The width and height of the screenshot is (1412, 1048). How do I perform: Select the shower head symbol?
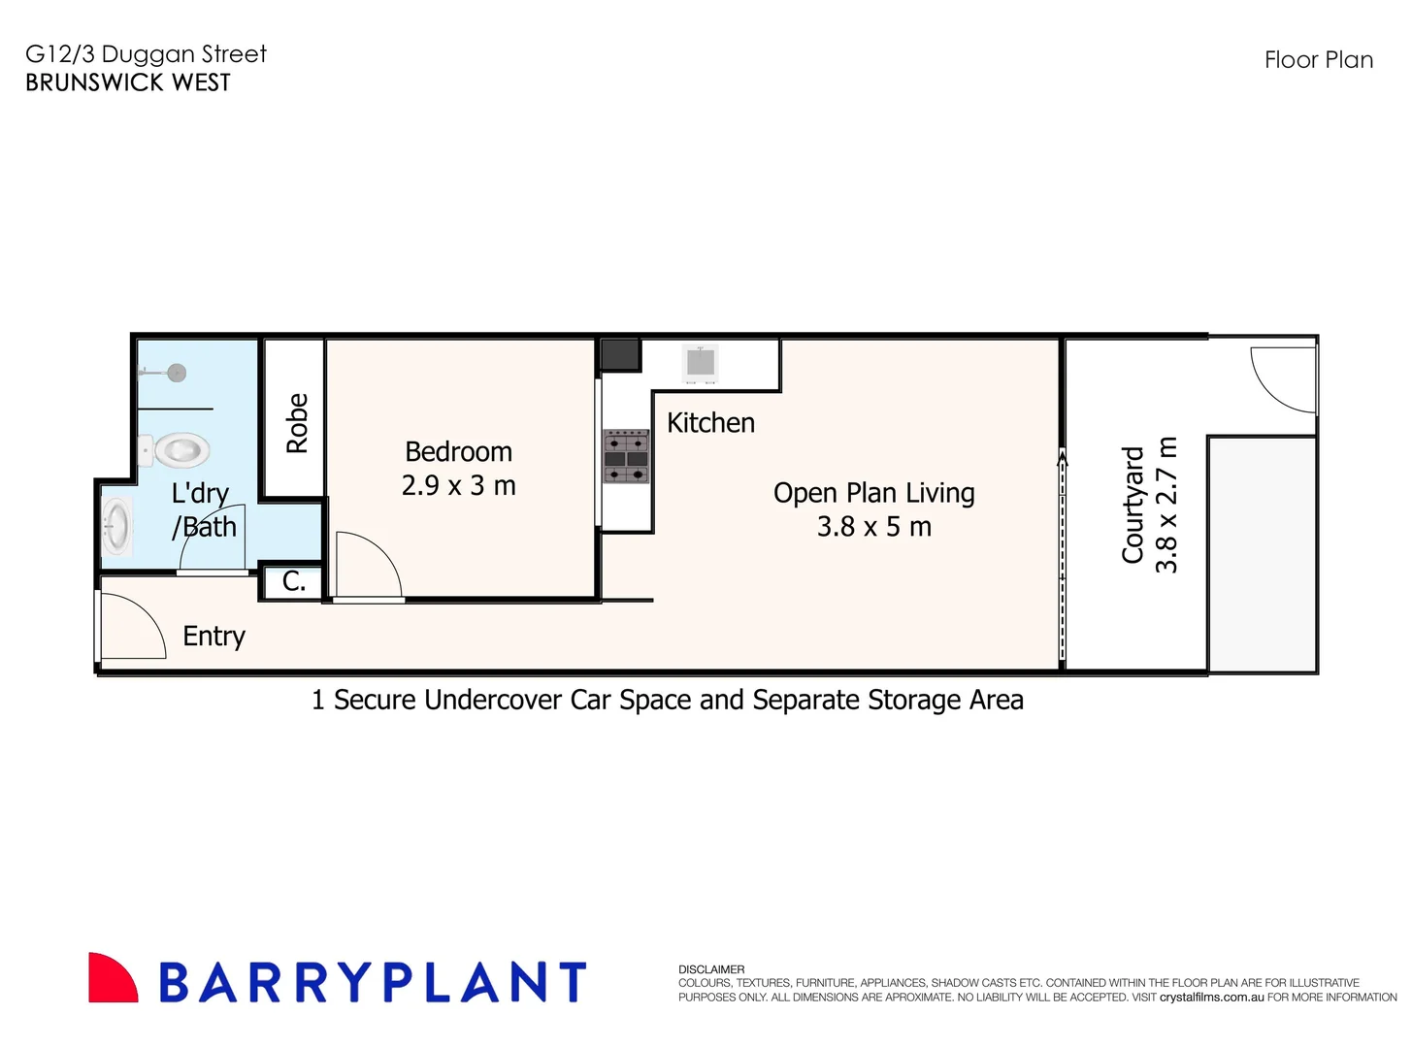point(175,373)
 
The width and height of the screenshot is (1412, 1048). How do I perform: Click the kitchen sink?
point(700,362)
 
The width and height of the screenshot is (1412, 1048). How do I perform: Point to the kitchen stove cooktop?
point(626,456)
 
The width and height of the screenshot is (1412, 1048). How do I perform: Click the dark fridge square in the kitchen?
point(620,354)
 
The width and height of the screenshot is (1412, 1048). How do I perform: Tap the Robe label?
point(297,423)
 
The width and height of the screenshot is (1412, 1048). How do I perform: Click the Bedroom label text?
point(458,452)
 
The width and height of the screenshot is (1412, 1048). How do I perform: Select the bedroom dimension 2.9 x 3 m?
point(458,485)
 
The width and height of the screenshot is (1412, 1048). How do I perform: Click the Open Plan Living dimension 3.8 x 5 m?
point(873,527)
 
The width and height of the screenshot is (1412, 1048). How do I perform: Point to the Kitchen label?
point(710,423)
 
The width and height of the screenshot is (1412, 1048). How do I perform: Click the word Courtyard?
point(1133,505)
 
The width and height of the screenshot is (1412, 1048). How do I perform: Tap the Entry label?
point(213,637)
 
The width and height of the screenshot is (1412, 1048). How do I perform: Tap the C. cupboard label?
point(294,581)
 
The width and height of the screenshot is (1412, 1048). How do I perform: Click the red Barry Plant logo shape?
point(113,978)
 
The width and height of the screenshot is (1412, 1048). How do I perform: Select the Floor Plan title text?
point(1318,60)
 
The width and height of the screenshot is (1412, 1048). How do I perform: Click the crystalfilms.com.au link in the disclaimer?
point(1211,997)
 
